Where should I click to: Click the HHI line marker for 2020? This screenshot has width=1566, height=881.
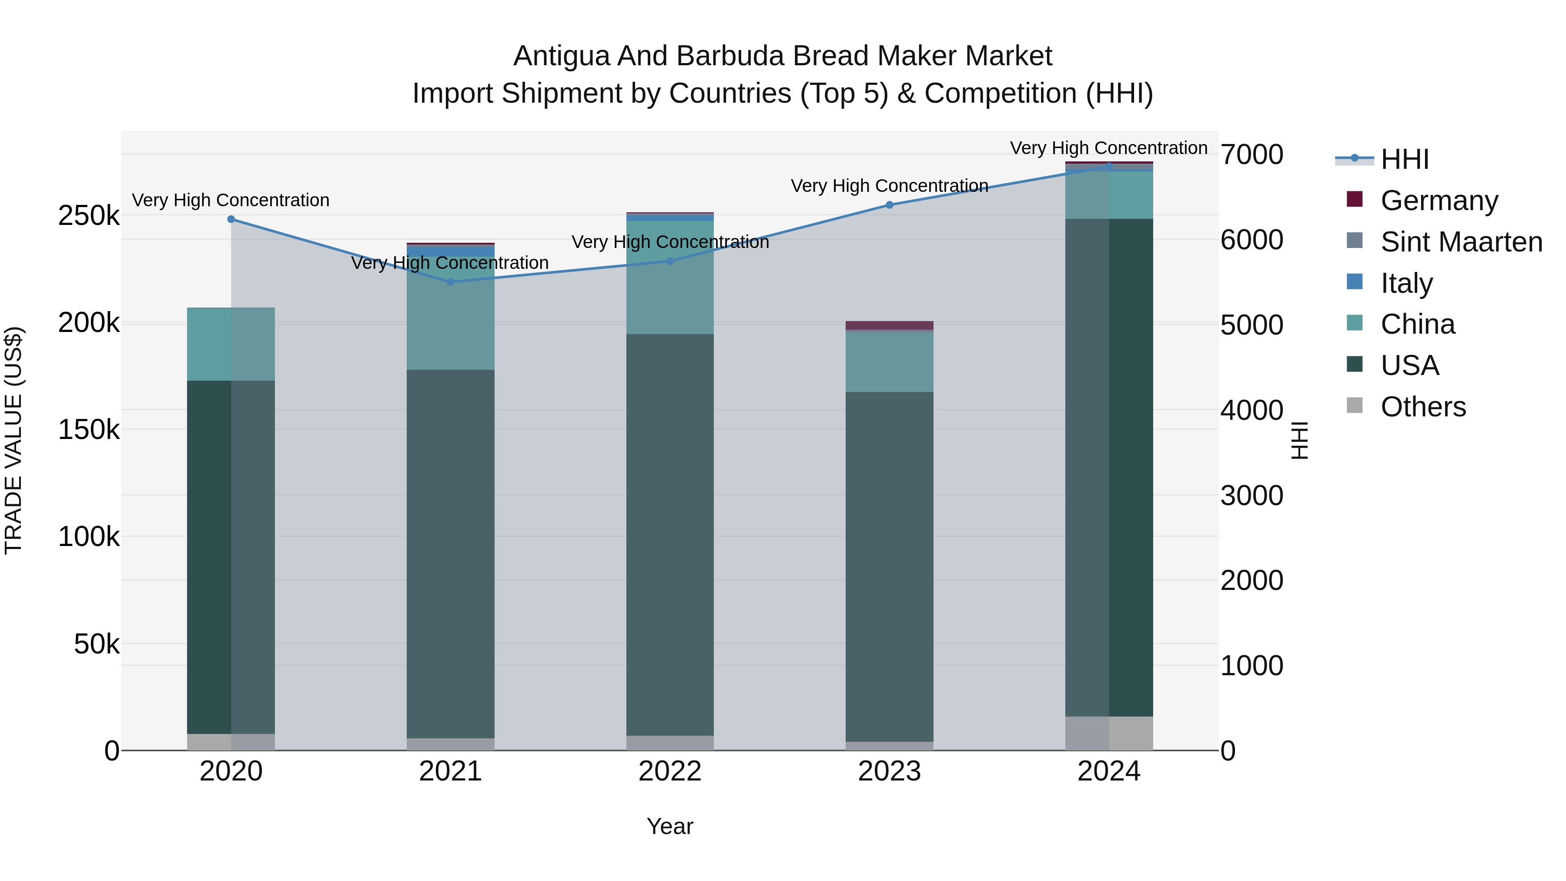[231, 220]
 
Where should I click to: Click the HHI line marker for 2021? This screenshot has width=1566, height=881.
[451, 282]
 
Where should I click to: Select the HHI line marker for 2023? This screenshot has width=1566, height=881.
[890, 205]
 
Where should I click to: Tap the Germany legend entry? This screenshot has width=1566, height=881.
[1439, 201]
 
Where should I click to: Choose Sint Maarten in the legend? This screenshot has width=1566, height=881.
[1461, 242]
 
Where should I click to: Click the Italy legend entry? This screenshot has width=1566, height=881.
[1406, 283]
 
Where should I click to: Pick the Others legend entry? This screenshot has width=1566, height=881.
[1422, 407]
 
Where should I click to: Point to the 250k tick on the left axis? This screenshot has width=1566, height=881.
[89, 216]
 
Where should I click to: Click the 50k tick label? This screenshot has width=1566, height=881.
[97, 644]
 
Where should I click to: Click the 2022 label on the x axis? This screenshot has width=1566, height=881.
[670, 771]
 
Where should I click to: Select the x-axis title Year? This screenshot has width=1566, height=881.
[670, 826]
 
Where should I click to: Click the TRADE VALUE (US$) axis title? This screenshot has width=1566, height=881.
[13, 440]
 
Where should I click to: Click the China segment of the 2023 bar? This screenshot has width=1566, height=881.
[890, 362]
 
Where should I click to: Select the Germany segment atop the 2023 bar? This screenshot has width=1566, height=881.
[890, 325]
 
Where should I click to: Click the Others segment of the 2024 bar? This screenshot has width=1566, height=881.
[1109, 733]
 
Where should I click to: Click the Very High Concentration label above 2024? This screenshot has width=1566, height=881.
[1108, 148]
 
